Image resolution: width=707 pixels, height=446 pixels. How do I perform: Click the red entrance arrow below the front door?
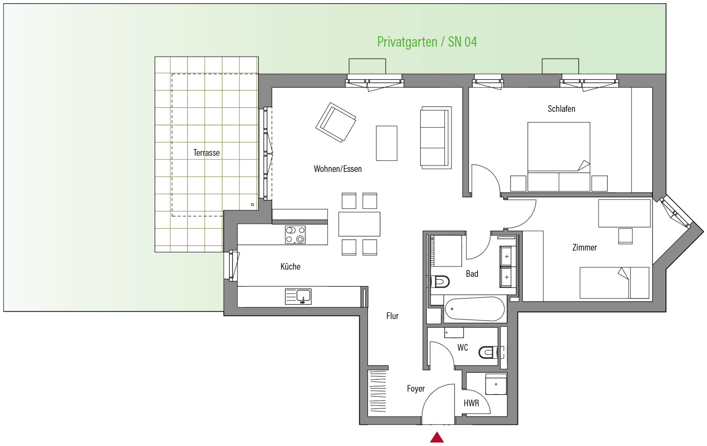[437, 437]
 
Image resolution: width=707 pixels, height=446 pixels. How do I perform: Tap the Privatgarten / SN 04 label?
[427, 42]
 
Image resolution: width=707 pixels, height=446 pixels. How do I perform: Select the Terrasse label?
[206, 153]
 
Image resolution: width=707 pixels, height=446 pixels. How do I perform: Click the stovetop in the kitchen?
[295, 235]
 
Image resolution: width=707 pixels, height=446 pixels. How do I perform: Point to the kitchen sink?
[298, 297]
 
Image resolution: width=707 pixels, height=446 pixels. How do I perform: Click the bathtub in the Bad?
[475, 309]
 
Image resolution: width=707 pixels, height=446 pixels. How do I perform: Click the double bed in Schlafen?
[559, 157]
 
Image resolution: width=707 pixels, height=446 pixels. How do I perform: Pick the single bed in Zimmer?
[614, 283]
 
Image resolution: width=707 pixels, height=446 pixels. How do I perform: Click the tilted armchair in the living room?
[336, 122]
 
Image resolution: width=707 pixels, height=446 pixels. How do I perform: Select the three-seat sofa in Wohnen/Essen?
[436, 138]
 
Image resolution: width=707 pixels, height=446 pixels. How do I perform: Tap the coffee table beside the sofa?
[387, 143]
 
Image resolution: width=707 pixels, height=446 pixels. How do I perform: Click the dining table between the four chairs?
[359, 224]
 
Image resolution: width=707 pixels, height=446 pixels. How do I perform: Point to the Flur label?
[393, 316]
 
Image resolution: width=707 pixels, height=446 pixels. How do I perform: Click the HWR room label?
[471, 403]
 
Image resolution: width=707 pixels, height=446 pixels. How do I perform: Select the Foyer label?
[416, 389]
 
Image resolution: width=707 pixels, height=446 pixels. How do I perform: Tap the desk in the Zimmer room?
[624, 213]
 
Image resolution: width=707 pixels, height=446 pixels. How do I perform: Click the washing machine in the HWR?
[496, 384]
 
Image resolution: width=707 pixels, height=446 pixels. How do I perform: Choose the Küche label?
[291, 267]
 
